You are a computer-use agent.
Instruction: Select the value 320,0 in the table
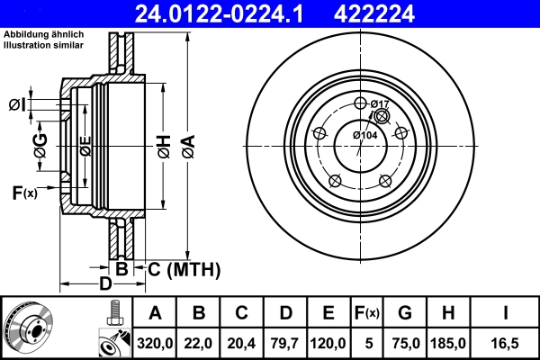coord(154,342)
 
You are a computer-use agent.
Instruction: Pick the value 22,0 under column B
coord(199,342)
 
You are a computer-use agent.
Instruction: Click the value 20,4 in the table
coord(241,342)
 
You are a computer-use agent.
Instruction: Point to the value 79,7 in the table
coord(284,342)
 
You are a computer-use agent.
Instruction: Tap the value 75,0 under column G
coord(405,342)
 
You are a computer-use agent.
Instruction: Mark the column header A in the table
coord(154,313)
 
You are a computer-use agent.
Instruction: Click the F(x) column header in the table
coord(366,313)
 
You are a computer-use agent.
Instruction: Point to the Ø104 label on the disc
coord(364,135)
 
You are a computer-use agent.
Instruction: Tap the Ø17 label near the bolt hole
coord(379,104)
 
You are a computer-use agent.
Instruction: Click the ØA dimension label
coord(187,145)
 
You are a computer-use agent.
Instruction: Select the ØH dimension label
coord(163,145)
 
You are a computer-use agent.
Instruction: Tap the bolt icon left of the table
coord(112,313)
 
